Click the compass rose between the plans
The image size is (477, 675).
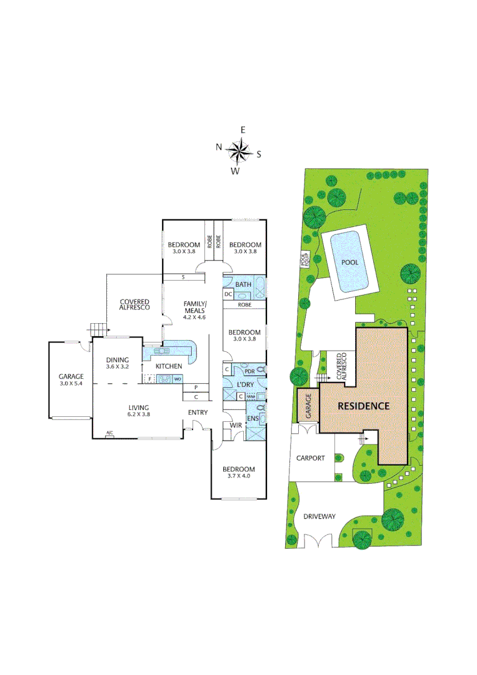click(x=238, y=151)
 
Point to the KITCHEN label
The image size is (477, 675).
click(x=169, y=366)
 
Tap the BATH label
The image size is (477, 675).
click(x=243, y=284)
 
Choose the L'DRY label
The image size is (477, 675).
click(x=244, y=384)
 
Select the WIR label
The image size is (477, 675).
click(x=236, y=426)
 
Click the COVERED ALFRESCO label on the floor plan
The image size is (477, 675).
click(x=135, y=306)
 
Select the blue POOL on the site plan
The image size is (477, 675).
click(x=349, y=262)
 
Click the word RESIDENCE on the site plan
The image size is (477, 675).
click(x=363, y=406)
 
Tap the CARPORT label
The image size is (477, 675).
click(x=311, y=458)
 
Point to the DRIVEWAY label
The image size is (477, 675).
click(x=319, y=517)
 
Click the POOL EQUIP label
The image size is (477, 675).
click(x=305, y=259)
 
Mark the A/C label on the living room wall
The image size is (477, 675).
click(x=109, y=434)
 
